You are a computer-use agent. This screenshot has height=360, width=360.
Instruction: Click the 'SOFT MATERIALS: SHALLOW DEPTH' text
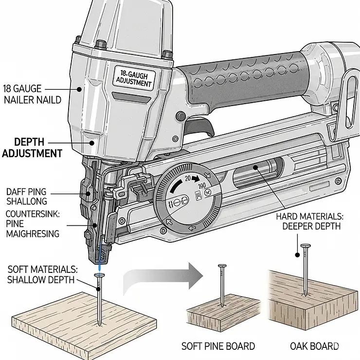pyautogui.click(x=41, y=274)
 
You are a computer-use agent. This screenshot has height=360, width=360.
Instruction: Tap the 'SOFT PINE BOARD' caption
pyautogui.click(x=218, y=346)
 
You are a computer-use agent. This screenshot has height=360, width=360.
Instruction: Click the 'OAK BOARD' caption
pyautogui.click(x=314, y=346)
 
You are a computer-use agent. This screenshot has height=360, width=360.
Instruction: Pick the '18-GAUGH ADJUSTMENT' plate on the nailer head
pyautogui.click(x=133, y=78)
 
